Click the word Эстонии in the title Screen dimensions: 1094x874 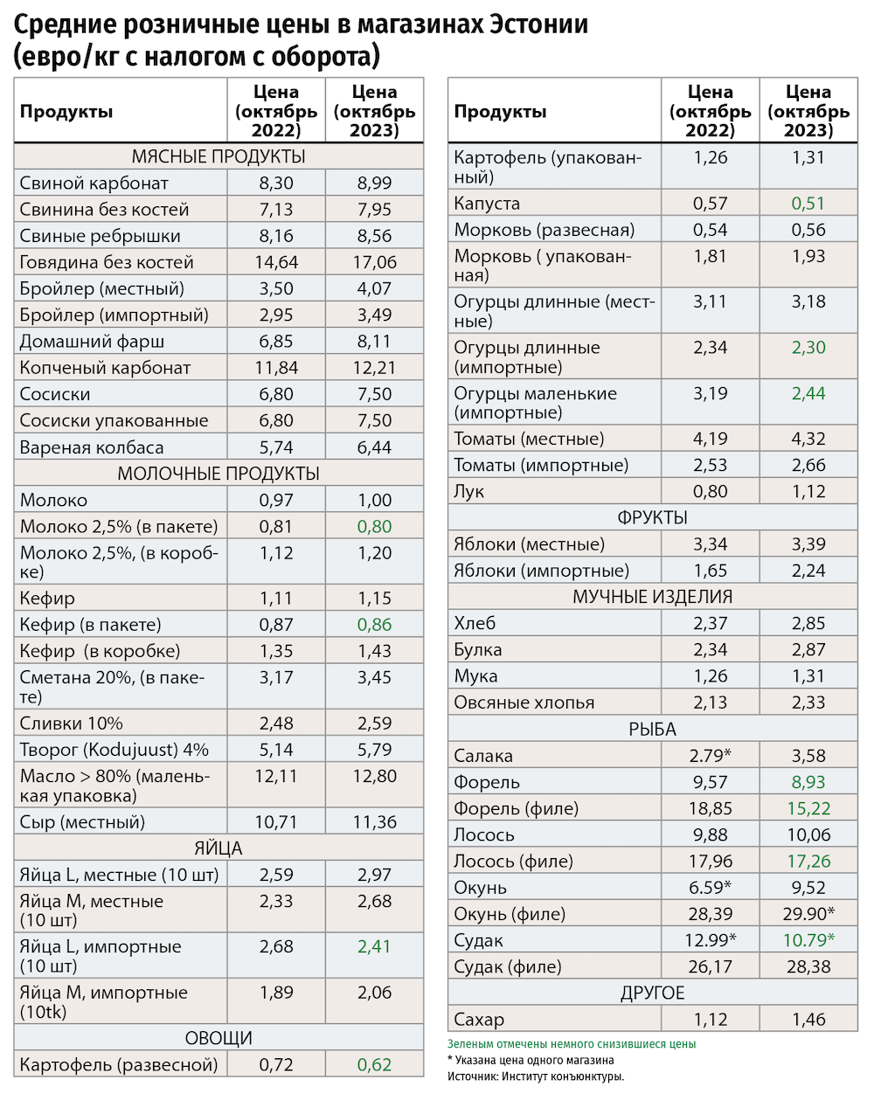[534, 24]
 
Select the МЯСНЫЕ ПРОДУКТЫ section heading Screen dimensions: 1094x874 [218, 156]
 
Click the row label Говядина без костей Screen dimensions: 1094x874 [107, 262]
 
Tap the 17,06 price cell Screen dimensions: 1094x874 [374, 262]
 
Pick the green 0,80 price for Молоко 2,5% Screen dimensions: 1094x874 [374, 527]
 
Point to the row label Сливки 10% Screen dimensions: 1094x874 [72, 724]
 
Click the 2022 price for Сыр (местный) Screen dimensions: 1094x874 [276, 822]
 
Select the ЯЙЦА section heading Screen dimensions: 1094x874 [218, 848]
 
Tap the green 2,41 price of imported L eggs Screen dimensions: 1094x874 [374, 946]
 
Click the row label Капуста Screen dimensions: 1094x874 [487, 204]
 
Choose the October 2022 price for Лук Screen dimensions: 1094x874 [710, 491]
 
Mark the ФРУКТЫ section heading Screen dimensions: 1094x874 [652, 517]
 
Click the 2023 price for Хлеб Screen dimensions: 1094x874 [808, 623]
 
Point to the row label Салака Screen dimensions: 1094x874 [483, 756]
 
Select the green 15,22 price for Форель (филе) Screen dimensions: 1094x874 [808, 808]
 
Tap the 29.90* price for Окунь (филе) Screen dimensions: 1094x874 [808, 914]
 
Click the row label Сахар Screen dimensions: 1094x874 [479, 1020]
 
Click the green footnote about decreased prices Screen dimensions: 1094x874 [572, 1044]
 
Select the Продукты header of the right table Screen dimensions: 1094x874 [500, 112]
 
